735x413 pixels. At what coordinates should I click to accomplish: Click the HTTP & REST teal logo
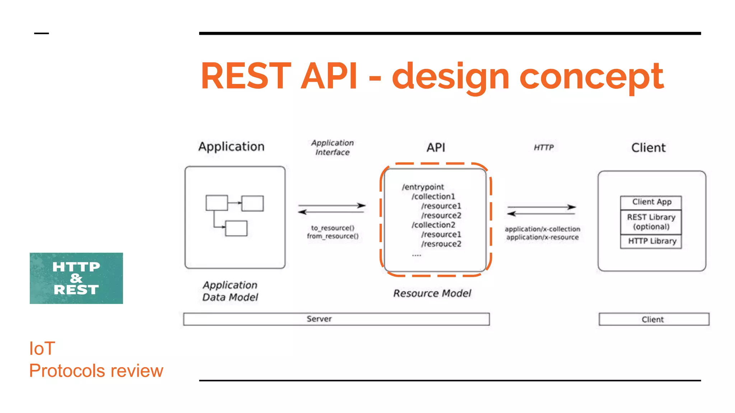tap(76, 278)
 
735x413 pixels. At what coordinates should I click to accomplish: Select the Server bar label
tap(319, 319)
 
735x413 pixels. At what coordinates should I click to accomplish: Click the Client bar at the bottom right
tap(654, 319)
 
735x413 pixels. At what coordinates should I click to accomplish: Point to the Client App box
tap(651, 202)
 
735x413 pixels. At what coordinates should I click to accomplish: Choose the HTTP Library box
tap(651, 241)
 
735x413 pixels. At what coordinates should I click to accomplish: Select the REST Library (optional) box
tap(651, 222)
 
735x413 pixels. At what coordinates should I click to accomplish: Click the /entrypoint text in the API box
tap(423, 187)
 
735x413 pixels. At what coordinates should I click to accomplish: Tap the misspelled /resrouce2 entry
tap(441, 244)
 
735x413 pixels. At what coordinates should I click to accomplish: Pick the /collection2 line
tap(433, 225)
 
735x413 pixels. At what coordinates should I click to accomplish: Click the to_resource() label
tap(333, 228)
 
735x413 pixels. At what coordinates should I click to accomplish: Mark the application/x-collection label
tap(542, 229)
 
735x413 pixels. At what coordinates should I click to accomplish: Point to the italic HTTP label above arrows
tap(543, 147)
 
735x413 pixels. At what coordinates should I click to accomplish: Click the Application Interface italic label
tap(332, 147)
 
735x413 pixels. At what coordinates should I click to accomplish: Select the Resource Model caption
tap(432, 293)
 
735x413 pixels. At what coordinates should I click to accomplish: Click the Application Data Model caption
tap(230, 291)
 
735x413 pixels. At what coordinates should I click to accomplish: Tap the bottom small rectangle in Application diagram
tap(236, 228)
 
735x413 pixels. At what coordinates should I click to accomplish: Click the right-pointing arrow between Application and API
tap(331, 205)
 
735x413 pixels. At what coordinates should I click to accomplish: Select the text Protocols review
tap(96, 371)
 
